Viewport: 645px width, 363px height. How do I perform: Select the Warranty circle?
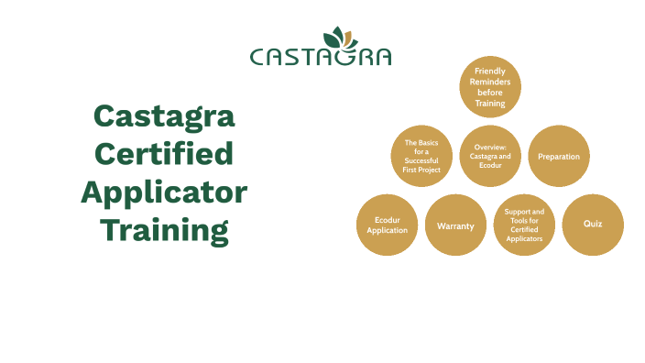pos(455,225)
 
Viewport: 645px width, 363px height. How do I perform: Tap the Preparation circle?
pos(559,156)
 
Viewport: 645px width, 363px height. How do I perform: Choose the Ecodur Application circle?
pos(387,225)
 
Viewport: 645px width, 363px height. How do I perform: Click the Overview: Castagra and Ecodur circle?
pos(490,156)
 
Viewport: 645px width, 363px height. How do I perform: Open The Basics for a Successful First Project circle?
pos(421,156)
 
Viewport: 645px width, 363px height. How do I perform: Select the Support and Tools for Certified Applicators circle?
pos(524,225)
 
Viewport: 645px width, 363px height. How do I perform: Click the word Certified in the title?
pos(165,154)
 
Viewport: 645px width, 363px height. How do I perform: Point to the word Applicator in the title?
pos(165,192)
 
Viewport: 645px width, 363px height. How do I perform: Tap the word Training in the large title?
pos(165,229)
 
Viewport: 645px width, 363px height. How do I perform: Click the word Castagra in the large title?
pos(165,116)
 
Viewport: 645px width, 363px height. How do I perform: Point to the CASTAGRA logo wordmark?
pos(321,57)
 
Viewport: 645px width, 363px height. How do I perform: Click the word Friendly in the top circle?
pos(490,71)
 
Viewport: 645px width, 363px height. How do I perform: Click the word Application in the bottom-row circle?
pos(387,230)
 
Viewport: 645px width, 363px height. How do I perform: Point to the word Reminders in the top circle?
pos(490,82)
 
